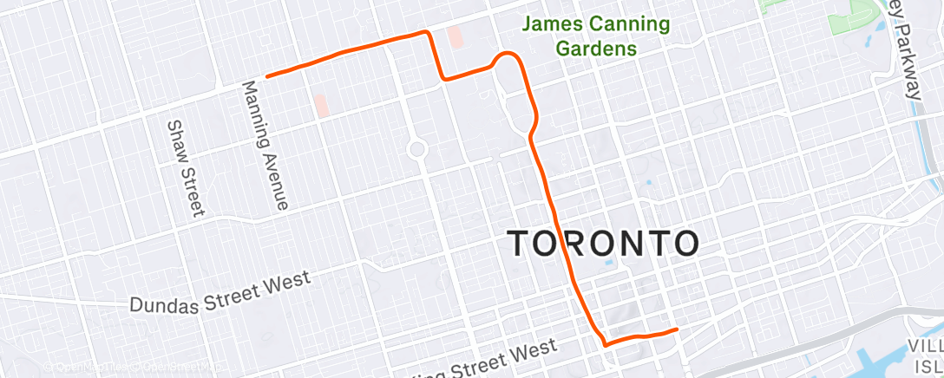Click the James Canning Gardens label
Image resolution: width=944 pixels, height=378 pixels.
[595, 36]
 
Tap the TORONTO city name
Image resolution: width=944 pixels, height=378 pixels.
[602, 244]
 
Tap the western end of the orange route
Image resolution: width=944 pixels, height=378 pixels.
[267, 76]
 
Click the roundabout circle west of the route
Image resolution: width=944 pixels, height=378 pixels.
[417, 149]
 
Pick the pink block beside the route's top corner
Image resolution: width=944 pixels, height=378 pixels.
[454, 37]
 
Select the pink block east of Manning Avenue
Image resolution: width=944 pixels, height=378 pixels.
[322, 106]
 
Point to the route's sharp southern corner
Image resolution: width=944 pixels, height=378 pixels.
[605, 343]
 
